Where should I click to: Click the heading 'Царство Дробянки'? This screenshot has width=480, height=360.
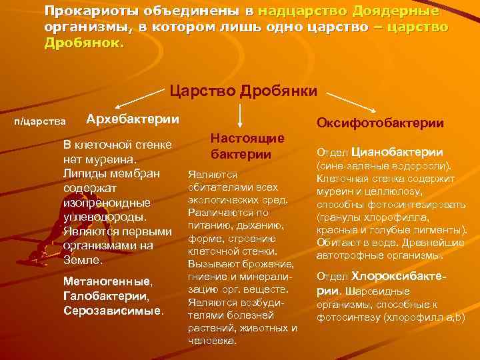pos(244,91)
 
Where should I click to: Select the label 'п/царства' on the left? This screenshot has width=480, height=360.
pos(40,121)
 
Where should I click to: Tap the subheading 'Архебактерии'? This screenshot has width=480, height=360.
pos(133,119)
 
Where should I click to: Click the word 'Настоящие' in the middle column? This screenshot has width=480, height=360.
pos(248,138)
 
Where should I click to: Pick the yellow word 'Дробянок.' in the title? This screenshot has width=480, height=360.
pos(84,42)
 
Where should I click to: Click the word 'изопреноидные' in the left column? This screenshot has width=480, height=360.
pos(107,202)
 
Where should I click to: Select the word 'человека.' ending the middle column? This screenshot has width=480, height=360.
pos(212,340)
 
